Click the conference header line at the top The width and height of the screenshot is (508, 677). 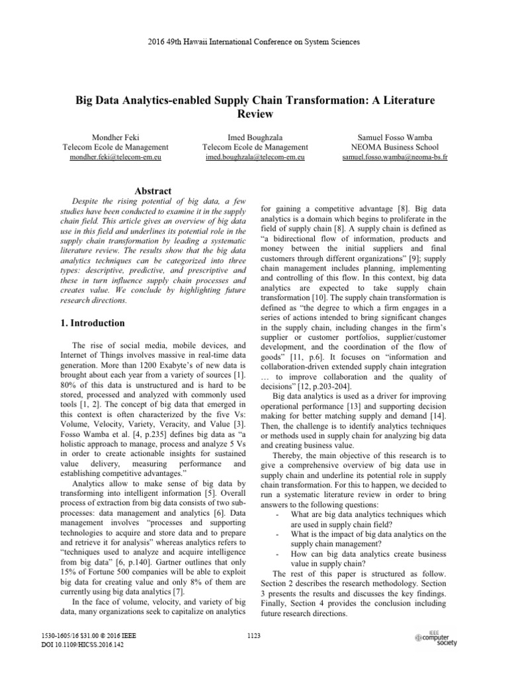click(254, 42)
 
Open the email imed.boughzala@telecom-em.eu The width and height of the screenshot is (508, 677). click(256, 159)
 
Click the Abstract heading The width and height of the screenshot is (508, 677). click(153, 190)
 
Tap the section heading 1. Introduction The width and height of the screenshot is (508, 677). click(89, 323)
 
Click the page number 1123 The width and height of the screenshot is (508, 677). click(254, 636)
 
